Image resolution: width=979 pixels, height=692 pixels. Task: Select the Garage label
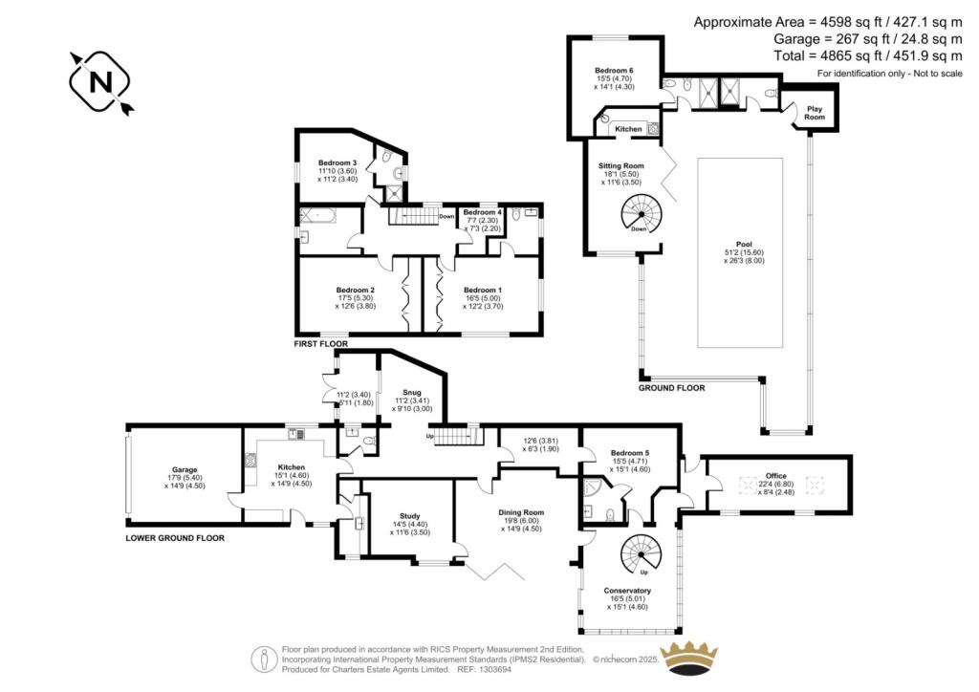(x=185, y=470)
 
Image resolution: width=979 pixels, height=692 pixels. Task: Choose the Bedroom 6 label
(x=614, y=72)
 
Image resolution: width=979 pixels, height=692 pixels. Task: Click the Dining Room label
(x=521, y=512)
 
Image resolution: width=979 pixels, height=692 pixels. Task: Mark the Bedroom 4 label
(x=482, y=212)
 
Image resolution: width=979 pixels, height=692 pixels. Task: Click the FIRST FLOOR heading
(x=321, y=342)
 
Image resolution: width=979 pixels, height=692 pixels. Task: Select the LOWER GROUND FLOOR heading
(x=175, y=538)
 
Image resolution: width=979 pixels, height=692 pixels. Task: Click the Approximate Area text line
(x=827, y=22)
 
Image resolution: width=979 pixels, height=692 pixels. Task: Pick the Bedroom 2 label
(x=355, y=290)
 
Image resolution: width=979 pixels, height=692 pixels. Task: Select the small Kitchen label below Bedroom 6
(x=628, y=129)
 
